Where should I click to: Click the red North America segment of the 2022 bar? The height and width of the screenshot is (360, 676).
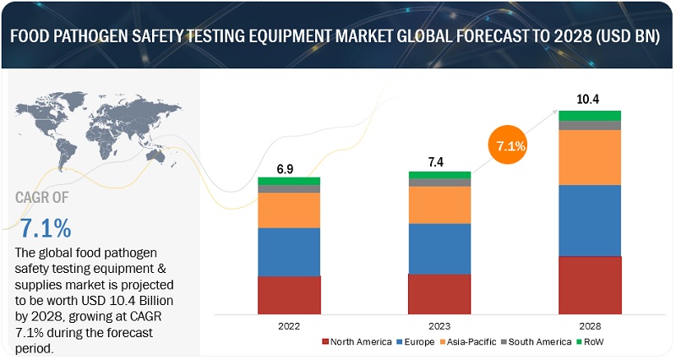pyautogui.click(x=289, y=294)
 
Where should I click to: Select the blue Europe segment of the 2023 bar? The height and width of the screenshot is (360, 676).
pyautogui.click(x=439, y=248)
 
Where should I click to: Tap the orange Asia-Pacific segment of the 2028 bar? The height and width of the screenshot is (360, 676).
pyautogui.click(x=590, y=157)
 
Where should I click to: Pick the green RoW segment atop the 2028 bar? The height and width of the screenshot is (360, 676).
pyautogui.click(x=590, y=115)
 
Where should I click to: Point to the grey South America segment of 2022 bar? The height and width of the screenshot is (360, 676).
pyautogui.click(x=289, y=188)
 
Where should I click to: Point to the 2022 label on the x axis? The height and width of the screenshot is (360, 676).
pyautogui.click(x=289, y=325)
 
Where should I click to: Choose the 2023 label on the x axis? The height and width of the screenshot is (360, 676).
pyautogui.click(x=439, y=325)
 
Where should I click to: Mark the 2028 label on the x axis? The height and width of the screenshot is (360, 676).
pyautogui.click(x=590, y=325)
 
